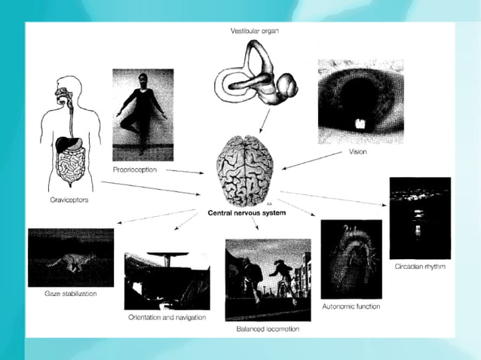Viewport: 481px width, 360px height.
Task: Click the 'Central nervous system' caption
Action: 246,213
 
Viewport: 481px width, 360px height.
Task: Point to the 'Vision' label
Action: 358,152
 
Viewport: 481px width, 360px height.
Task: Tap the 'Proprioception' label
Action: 134,169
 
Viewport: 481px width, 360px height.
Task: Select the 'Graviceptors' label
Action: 54,201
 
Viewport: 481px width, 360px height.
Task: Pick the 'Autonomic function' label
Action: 351,307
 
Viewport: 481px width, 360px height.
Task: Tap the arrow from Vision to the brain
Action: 312,158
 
